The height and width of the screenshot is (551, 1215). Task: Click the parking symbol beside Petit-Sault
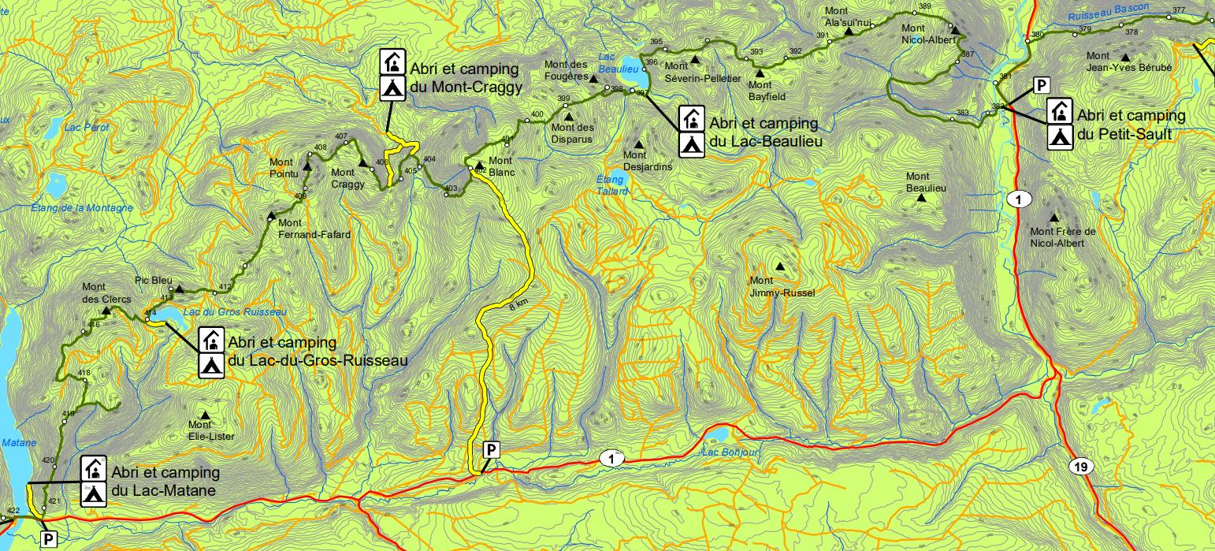[1041, 85]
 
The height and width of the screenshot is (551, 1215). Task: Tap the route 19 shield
[1081, 467]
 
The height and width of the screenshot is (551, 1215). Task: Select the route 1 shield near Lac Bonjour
[611, 457]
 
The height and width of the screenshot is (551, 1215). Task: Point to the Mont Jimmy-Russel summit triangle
[780, 266]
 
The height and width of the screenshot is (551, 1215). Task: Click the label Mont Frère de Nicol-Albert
[1063, 237]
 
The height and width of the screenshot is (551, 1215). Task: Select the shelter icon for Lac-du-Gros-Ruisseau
[210, 341]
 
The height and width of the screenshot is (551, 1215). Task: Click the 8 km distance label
[518, 305]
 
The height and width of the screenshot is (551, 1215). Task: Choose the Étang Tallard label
[612, 185]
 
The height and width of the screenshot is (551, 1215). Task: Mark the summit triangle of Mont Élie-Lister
[206, 415]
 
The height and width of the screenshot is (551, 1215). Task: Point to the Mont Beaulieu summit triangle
[920, 197]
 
